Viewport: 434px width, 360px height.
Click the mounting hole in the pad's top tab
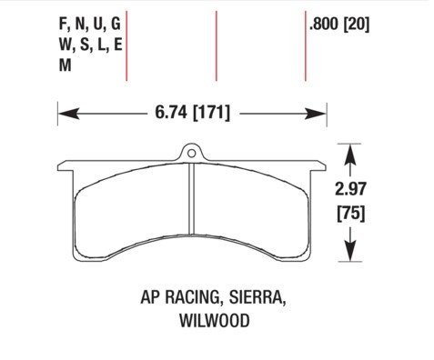191,154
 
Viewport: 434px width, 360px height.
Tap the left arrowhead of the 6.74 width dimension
68,114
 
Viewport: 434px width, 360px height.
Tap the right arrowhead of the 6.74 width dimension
316,114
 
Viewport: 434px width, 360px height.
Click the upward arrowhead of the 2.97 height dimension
350,155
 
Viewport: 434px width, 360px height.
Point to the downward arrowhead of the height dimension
350,250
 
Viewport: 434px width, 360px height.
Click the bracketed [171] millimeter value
211,113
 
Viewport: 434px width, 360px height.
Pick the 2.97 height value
350,189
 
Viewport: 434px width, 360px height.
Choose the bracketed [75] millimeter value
351,213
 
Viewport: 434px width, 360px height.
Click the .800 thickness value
324,24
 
